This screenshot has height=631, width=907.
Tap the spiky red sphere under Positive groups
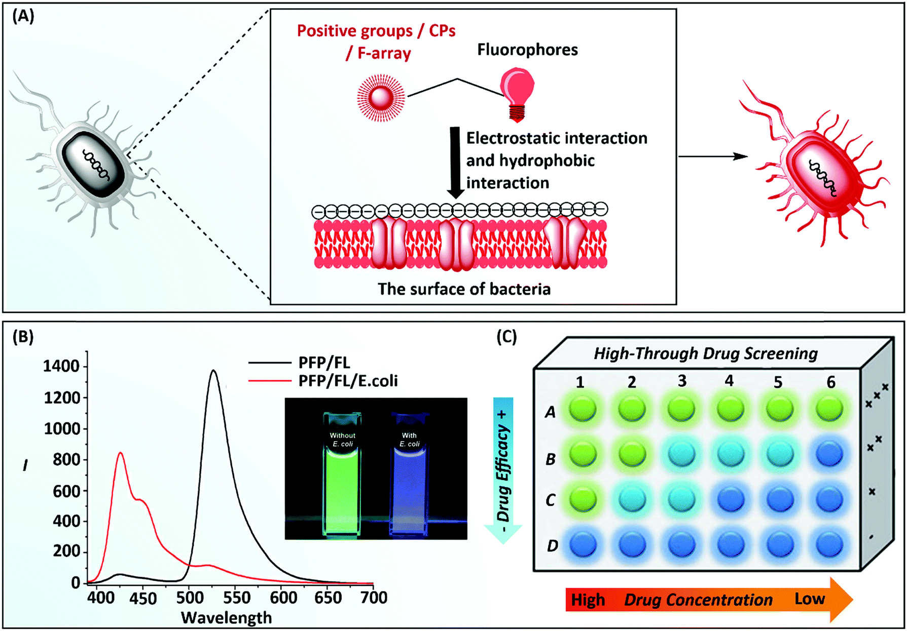click(x=381, y=97)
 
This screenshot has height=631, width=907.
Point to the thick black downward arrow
click(x=455, y=162)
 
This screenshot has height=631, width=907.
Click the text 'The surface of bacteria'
click(x=464, y=289)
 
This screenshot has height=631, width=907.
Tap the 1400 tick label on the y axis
click(x=61, y=366)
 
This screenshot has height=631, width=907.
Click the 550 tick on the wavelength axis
click(x=236, y=598)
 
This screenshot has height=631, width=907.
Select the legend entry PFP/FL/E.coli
click(x=348, y=380)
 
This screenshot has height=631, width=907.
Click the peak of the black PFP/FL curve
click(x=213, y=371)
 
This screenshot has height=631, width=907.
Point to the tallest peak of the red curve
click(x=120, y=453)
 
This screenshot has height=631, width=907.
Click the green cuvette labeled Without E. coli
click(x=342, y=476)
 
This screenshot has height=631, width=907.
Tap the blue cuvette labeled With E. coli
click(x=410, y=476)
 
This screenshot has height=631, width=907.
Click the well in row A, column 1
click(x=583, y=409)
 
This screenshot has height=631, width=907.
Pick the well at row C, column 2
click(x=632, y=499)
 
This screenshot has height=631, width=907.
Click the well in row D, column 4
click(x=730, y=545)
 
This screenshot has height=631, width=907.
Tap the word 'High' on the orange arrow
click(x=588, y=600)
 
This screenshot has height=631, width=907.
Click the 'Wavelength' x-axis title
click(x=226, y=618)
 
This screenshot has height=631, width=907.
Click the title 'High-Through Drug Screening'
click(x=705, y=353)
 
